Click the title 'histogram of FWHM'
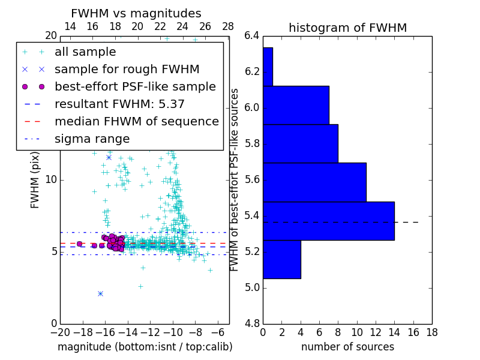(x=347, y=28)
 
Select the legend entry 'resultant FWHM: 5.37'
(x=119, y=104)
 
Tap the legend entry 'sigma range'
(x=92, y=139)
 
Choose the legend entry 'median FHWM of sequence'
(x=136, y=121)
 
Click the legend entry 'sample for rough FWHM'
(x=127, y=69)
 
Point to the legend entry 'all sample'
(x=85, y=52)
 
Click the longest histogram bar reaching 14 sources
(x=328, y=221)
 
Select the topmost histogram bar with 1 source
(x=268, y=67)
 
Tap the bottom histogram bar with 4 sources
(x=281, y=259)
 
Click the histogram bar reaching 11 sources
(x=314, y=182)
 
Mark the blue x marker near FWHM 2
(x=100, y=293)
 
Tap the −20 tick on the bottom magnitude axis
(x=60, y=332)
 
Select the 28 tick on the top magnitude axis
(x=228, y=26)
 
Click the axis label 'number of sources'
(x=347, y=347)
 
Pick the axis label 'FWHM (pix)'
(x=35, y=179)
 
